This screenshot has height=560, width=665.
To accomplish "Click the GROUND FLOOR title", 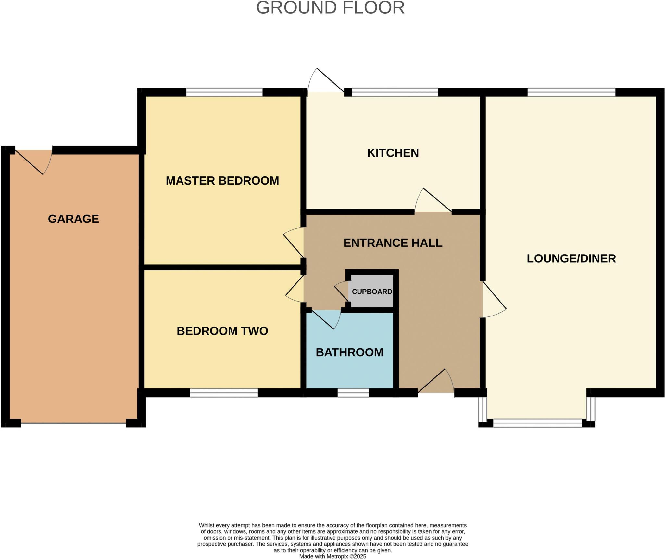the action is [x=330, y=8].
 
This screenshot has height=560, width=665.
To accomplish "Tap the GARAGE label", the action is [x=73, y=219].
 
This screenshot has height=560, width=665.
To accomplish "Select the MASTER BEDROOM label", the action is [x=222, y=181].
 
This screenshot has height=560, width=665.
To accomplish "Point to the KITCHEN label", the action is [x=393, y=153].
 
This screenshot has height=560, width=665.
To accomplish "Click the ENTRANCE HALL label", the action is [x=393, y=243].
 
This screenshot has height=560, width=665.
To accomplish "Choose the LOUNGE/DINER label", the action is [x=571, y=258].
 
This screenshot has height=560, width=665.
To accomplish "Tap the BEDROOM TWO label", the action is [x=222, y=331].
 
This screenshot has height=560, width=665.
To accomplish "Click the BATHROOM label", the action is [x=350, y=352].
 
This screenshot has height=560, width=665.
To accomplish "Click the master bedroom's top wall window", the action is [x=224, y=92].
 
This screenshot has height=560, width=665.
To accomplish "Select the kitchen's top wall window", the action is [x=395, y=92].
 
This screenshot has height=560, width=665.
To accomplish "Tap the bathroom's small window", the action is [x=353, y=393].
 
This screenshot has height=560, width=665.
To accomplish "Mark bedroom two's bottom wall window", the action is [x=224, y=393].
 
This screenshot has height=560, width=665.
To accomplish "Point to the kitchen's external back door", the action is [x=326, y=81].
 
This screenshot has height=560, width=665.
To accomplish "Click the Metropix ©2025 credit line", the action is [x=332, y=556].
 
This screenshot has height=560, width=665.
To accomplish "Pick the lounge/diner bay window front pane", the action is [x=537, y=423].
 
